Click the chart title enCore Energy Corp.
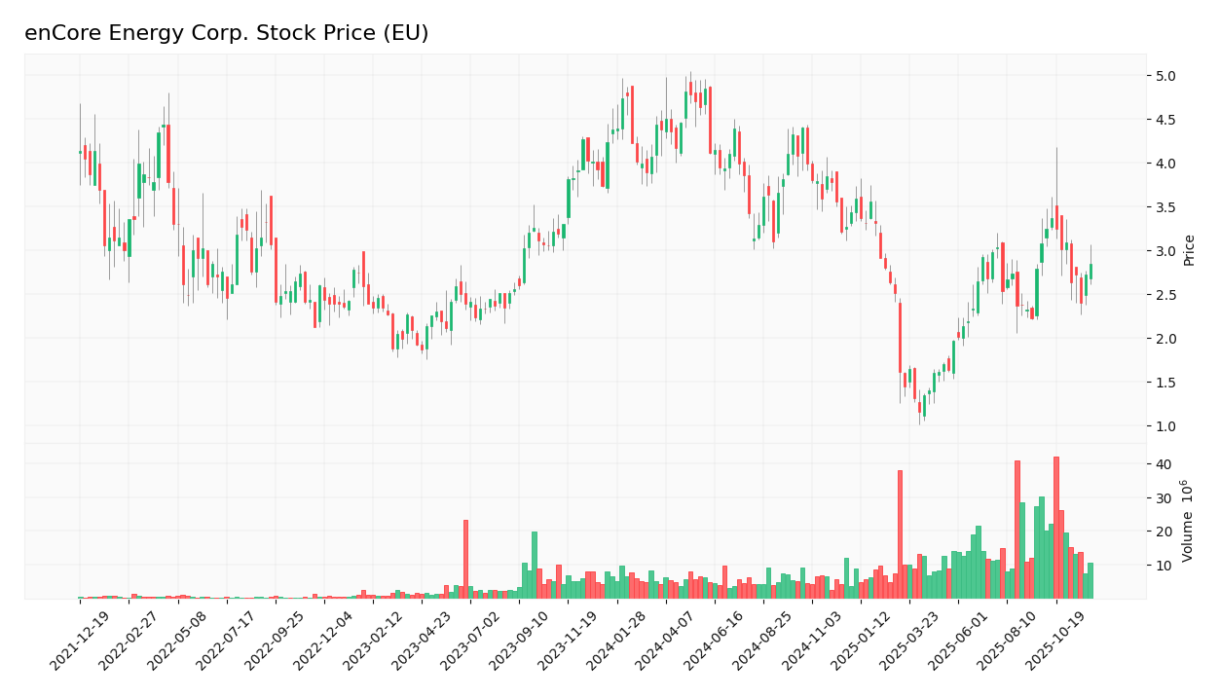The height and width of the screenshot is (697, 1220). click(226, 33)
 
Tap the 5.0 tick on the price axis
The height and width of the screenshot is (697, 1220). click(1166, 76)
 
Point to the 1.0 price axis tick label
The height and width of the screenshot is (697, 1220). click(1166, 426)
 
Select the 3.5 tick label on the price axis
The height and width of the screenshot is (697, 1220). click(1166, 207)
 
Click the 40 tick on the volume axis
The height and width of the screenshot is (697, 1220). click(1165, 464)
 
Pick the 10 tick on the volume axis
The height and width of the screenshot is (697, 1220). click(1165, 566)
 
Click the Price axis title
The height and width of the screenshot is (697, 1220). click(1189, 250)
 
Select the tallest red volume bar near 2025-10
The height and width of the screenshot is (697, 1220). click(1055, 528)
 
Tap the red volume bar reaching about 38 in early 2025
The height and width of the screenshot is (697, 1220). click(900, 534)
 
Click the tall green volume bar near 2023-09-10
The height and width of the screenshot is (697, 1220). click(534, 565)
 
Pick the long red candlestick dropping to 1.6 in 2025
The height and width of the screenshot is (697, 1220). click(900, 337)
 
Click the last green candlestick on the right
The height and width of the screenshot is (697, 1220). click(1091, 272)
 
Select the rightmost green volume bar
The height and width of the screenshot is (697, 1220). click(1091, 581)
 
